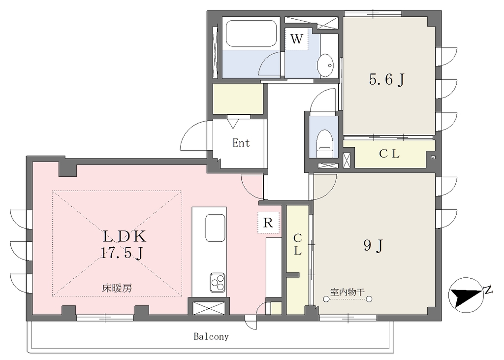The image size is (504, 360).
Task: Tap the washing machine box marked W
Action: coord(297,39)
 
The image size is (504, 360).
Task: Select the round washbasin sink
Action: coord(326,65)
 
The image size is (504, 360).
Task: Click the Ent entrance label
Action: coord(241,143)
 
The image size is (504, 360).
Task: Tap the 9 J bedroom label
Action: coord(373,246)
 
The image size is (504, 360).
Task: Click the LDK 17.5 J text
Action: coord(124,244)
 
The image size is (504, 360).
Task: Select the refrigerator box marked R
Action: coord(268,222)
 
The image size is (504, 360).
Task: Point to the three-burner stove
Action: coord(218,282)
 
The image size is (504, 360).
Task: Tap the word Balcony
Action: coord(211,337)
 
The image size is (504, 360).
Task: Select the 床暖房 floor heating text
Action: coord(117,288)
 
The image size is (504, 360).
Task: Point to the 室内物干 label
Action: coord(347,292)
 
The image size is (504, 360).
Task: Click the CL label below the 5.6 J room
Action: coord(389,154)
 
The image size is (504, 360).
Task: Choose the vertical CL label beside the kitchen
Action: coord(298,244)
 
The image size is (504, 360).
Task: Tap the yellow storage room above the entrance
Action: coord(238,98)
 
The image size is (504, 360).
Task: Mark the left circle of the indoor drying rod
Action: coord(326,299)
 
